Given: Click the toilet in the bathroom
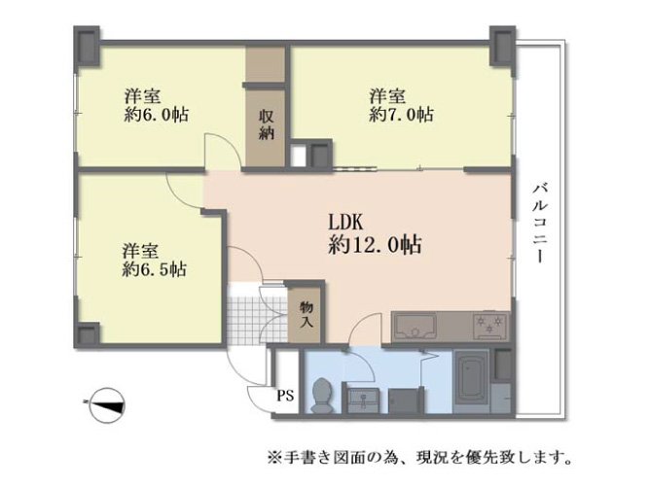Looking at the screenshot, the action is point(322,396).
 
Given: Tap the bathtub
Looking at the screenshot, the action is point(471,381).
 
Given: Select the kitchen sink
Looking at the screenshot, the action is point(415,327).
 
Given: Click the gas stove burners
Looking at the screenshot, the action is point(489,325).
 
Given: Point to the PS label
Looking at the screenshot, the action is point(286,395).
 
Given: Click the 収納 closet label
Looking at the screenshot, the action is point(266,124).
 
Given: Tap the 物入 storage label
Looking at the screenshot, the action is point(307,315).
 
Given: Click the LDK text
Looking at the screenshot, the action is point(346,223).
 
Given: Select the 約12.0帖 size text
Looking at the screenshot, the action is point(375,245).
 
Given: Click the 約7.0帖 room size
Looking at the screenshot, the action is point(401,115).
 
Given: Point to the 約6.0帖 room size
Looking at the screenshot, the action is point(156,115).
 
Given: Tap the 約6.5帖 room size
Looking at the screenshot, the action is point(155,269).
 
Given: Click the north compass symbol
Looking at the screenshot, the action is point(107,405).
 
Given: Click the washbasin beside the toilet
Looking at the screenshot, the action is point(363,400).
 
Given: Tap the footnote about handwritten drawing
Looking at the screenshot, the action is point(419,458).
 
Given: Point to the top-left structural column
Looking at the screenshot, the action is point(87,46).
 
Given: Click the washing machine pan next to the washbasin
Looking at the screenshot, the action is point(403,400).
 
